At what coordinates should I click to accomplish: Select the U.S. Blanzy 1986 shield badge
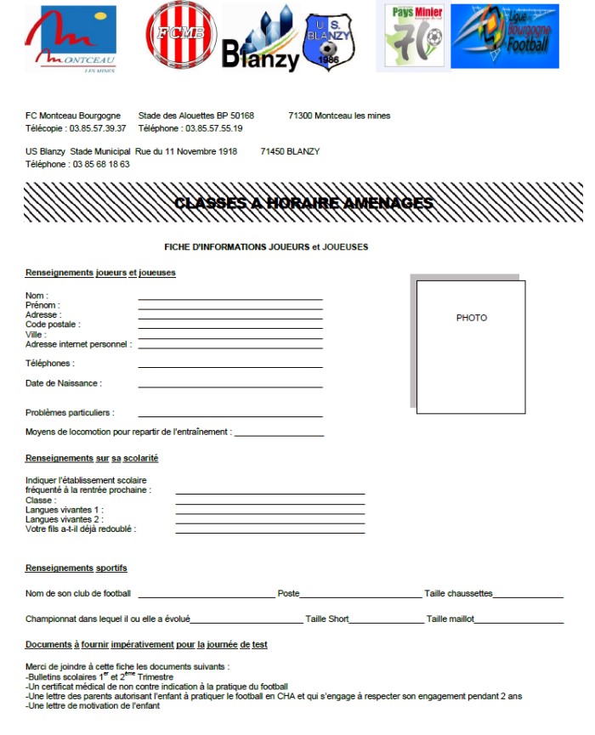tap(327, 41)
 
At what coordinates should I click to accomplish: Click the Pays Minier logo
tap(414, 36)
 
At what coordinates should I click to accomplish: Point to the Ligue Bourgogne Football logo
tap(505, 36)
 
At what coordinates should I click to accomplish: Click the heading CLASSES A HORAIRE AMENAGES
tap(303, 203)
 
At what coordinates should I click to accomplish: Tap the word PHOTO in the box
tap(471, 318)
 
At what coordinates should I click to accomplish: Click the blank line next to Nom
tap(230, 299)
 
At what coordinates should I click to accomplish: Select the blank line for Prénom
tap(230, 308)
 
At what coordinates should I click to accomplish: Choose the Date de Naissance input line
tap(230, 387)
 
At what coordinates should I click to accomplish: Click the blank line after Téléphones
tap(230, 366)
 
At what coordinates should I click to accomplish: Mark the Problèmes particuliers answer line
tap(230, 416)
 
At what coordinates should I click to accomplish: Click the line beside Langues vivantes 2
tap(269, 523)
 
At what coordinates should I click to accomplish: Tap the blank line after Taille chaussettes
tap(528, 597)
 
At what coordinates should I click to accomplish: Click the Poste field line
tap(361, 597)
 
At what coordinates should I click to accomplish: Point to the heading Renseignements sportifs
tap(76, 568)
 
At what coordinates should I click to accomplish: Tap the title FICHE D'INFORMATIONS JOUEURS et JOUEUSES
tap(266, 247)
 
